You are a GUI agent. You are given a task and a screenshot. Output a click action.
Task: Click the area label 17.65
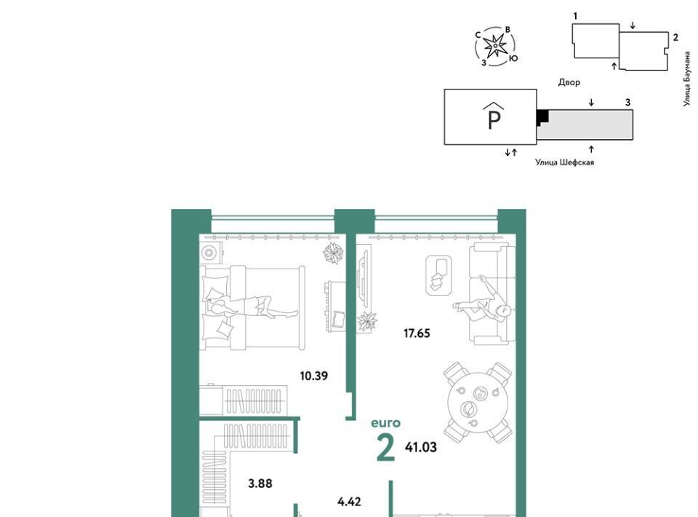(417, 334)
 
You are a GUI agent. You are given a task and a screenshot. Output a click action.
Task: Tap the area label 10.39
(314, 376)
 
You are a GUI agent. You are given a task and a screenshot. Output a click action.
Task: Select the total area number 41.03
(421, 447)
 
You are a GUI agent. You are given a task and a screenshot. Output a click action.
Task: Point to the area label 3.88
(260, 484)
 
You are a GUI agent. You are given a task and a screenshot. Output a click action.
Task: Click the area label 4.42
(349, 502)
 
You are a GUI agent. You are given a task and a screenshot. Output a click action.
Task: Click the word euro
(386, 423)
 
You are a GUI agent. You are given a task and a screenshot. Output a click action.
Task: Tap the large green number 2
(385, 448)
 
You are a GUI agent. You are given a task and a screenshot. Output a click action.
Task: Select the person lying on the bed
(249, 307)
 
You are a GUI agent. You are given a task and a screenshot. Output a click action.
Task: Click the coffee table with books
(439, 275)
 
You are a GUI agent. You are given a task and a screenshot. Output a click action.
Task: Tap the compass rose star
(494, 46)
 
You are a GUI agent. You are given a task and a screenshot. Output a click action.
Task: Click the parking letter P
(494, 119)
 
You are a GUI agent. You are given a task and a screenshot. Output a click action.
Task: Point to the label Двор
(569, 82)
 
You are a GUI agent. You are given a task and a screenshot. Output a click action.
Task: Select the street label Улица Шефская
(564, 162)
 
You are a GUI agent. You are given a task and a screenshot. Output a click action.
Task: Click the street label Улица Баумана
(687, 79)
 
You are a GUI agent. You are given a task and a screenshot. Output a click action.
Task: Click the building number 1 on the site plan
(575, 16)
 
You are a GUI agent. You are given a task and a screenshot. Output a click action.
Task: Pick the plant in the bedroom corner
(333, 253)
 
